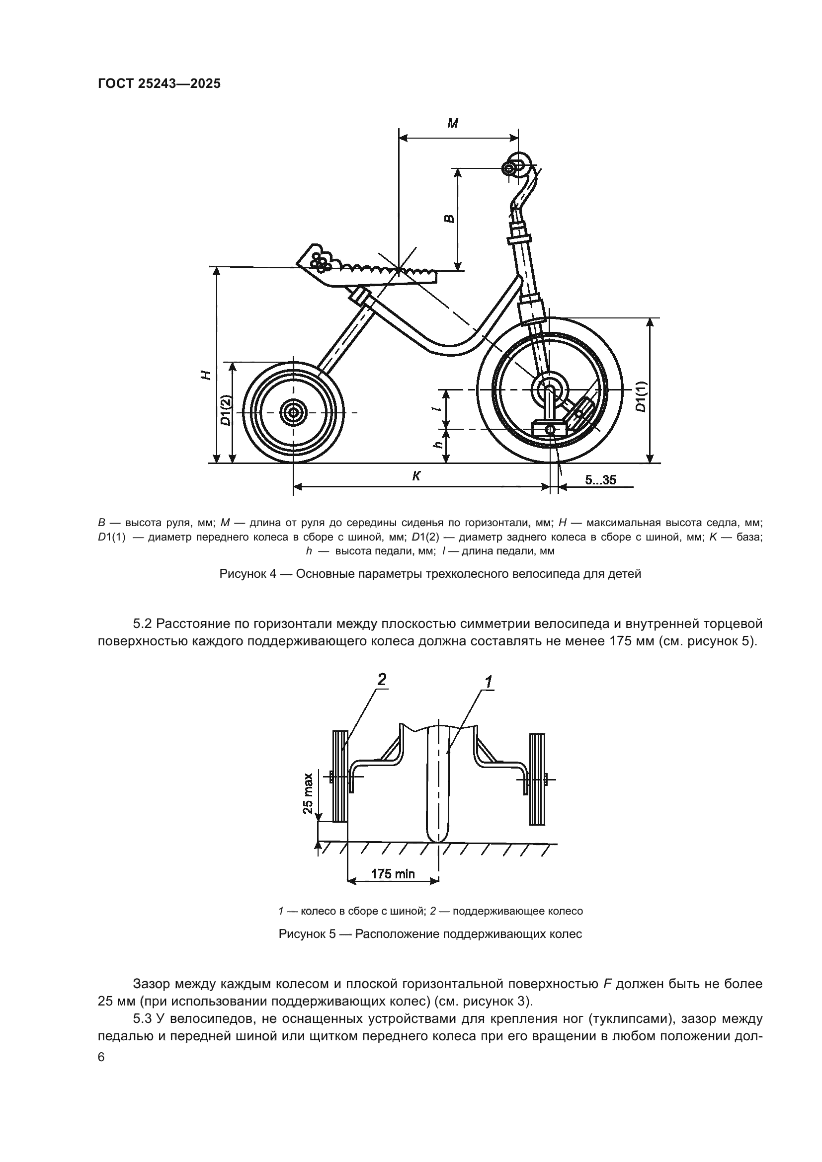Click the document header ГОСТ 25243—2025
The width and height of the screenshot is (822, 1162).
pos(159,84)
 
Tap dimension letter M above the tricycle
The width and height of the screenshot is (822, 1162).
pos(453,123)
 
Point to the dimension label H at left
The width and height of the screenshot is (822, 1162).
pos(205,375)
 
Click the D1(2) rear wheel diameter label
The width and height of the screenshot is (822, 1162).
pos(226,410)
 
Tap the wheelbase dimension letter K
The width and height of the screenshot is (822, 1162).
pos(416,476)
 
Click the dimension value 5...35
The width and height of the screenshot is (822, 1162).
pos(600,480)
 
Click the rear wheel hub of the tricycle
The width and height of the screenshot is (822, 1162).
pos(293,412)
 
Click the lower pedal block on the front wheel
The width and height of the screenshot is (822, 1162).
pos(549,429)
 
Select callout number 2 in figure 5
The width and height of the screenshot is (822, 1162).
pos(382,680)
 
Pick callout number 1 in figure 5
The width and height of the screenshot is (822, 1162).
pos(489,682)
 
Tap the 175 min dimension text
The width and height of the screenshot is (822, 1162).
pos(393,874)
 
